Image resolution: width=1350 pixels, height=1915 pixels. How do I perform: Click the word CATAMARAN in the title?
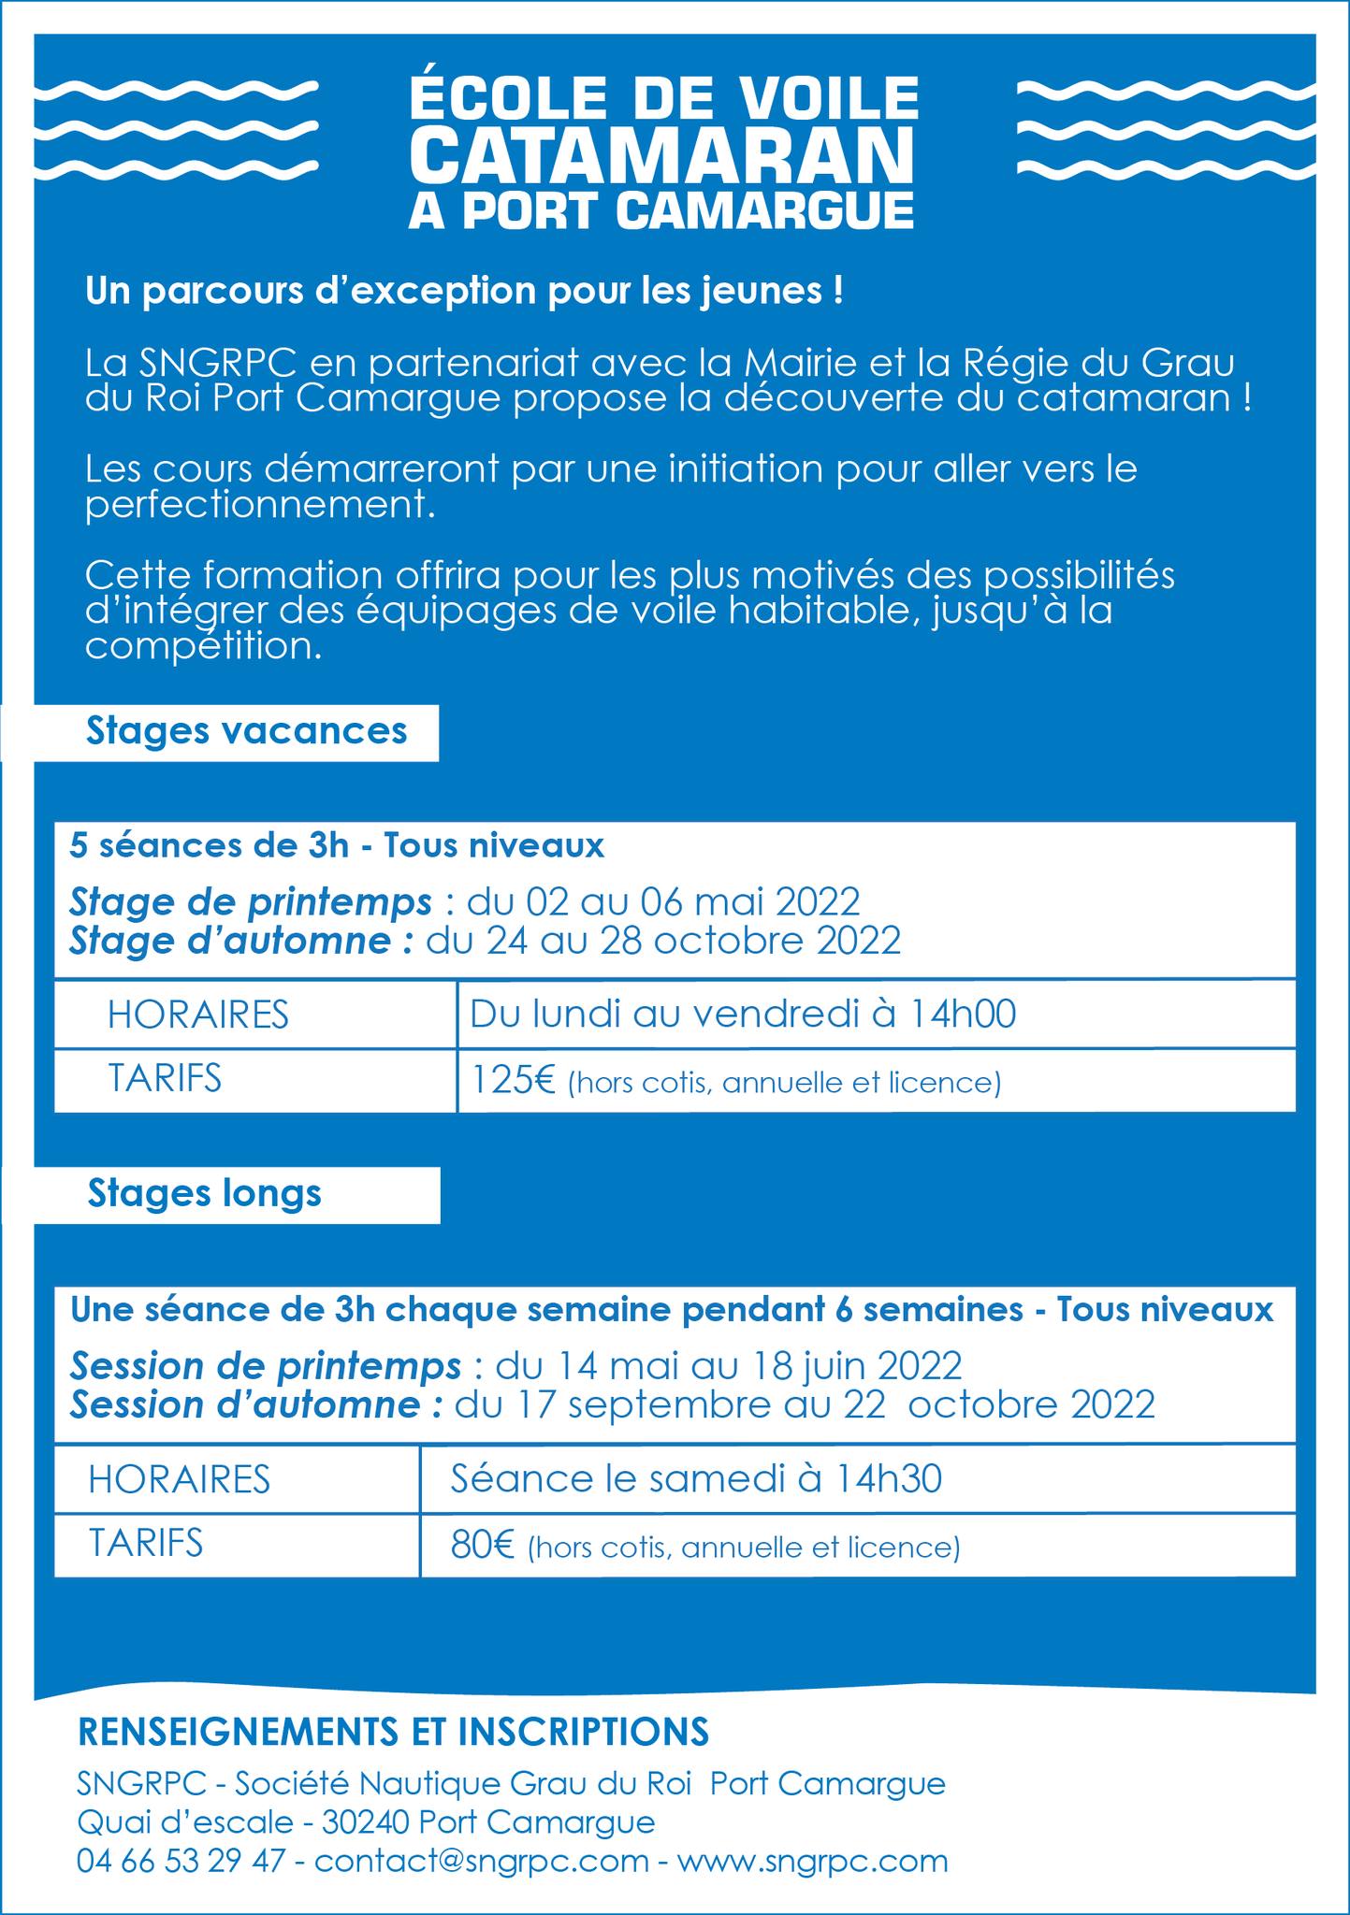(661, 156)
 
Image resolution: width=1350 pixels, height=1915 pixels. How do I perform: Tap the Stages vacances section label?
(247, 730)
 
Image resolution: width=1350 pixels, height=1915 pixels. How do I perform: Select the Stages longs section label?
(205, 1193)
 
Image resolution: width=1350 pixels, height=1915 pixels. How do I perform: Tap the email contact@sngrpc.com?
(482, 1860)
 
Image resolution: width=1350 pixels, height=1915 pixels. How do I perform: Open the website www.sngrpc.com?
(812, 1860)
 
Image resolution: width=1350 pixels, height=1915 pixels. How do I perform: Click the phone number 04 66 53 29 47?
(181, 1860)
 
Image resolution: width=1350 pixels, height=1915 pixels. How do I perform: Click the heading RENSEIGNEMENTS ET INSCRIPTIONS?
(393, 1732)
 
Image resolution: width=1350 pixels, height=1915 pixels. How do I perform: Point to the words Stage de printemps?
(251, 902)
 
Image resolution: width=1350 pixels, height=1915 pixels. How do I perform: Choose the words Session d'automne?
(255, 1405)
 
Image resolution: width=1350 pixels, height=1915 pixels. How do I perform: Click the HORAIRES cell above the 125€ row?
(198, 1015)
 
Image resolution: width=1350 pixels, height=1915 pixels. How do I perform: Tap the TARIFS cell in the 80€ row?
(146, 1543)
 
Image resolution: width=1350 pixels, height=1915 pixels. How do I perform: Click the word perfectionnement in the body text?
(261, 506)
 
